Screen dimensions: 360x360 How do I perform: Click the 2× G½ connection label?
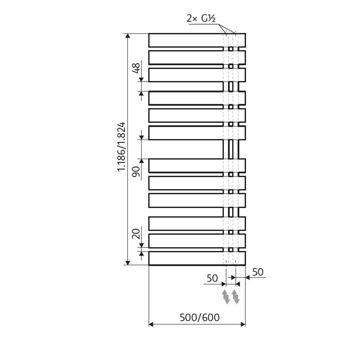201,19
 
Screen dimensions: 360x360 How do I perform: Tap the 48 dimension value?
136,68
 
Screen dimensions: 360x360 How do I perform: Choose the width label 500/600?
199,317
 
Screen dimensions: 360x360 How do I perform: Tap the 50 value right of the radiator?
257,272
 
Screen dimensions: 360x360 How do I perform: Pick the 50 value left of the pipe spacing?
212,278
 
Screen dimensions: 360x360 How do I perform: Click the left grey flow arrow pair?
226,296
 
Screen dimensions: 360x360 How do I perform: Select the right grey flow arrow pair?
235,296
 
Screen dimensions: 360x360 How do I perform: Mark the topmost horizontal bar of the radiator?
185,40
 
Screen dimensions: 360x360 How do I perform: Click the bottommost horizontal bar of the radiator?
185,258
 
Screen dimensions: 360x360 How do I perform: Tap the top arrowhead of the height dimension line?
127,36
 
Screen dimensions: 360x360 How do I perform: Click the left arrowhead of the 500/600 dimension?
152,324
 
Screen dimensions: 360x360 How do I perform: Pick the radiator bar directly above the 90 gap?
185,132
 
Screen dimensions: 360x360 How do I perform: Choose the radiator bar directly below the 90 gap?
185,165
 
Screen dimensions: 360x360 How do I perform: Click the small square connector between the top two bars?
231,49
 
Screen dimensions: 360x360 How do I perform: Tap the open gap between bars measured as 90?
185,149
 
